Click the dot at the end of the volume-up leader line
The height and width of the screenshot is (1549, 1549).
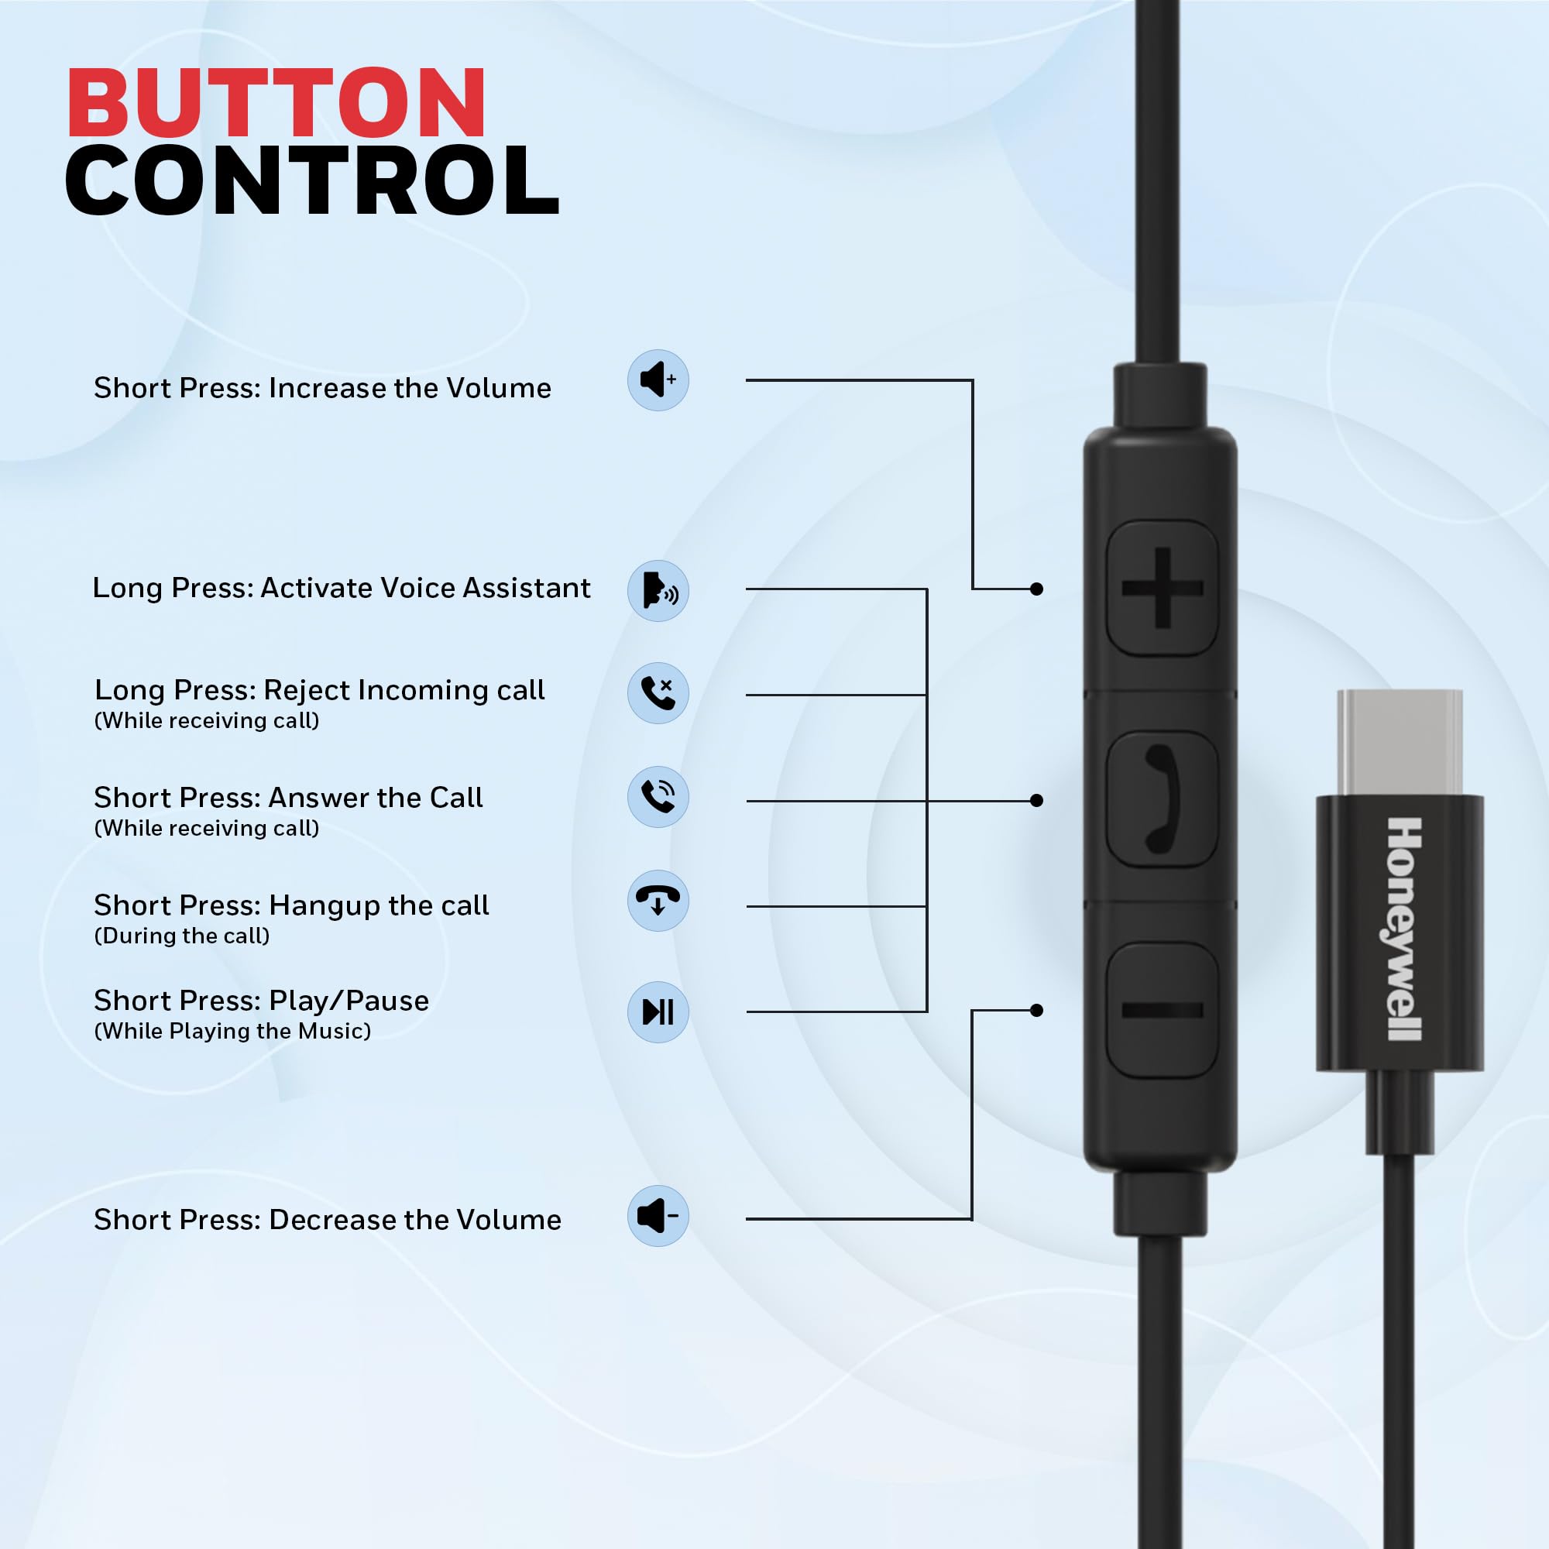click(x=1037, y=589)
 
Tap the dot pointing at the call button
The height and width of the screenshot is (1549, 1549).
click(x=1037, y=800)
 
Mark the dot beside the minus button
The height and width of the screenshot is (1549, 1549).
click(x=1037, y=1010)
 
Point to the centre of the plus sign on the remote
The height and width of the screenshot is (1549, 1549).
click(x=1163, y=589)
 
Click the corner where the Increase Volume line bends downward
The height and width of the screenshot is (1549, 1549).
click(x=973, y=380)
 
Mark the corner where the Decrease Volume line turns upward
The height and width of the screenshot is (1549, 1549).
click(x=972, y=1220)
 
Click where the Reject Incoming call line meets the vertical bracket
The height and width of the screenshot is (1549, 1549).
click(x=927, y=696)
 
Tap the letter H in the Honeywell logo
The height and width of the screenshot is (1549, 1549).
click(x=1405, y=834)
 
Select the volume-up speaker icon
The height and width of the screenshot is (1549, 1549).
click(x=658, y=380)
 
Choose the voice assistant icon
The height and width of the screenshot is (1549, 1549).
click(x=658, y=591)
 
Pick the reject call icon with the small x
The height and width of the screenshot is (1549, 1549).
click(x=658, y=693)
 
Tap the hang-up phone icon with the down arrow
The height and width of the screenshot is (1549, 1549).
click(x=658, y=901)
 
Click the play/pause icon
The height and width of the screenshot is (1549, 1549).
click(x=658, y=1011)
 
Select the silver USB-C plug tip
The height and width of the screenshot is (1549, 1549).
click(x=1400, y=743)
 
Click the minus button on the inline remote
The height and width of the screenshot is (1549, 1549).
click(x=1163, y=1010)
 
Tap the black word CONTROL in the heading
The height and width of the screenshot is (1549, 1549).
click(x=312, y=180)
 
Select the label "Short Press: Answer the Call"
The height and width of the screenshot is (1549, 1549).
click(x=288, y=798)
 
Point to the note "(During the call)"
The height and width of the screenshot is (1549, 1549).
click(x=182, y=936)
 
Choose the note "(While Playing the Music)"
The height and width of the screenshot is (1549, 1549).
click(x=232, y=1031)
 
